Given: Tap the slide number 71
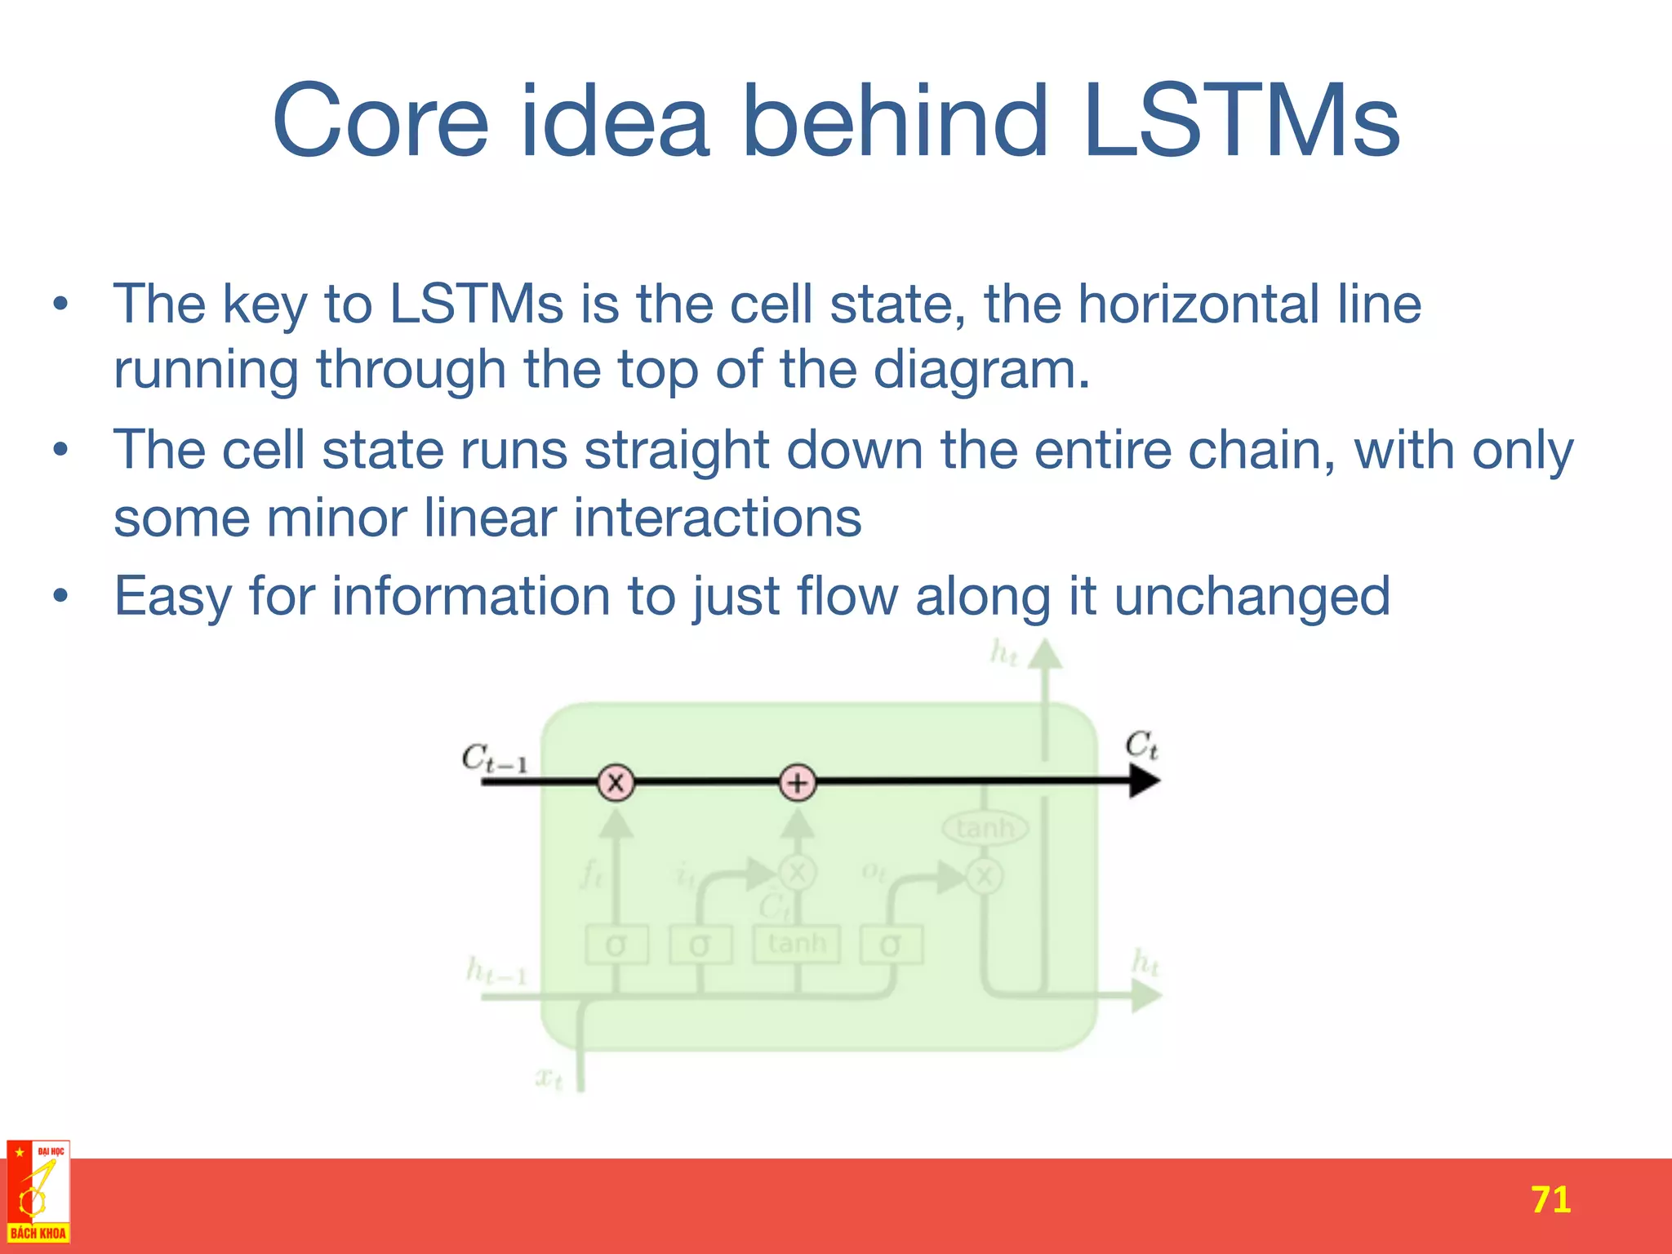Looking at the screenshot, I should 1550,1199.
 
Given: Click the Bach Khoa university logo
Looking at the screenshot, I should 38,1192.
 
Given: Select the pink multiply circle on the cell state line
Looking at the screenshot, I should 616,782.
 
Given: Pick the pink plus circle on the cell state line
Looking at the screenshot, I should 798,782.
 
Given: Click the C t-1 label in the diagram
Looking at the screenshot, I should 495,758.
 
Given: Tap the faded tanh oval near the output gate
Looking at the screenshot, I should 985,829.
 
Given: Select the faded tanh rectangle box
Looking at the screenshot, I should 797,944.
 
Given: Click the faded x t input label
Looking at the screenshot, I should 549,1078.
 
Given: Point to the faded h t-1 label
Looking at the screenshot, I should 496,971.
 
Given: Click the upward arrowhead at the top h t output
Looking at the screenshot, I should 1045,654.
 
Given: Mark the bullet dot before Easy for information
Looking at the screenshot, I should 60,597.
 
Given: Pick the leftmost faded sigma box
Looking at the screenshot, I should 617,945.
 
